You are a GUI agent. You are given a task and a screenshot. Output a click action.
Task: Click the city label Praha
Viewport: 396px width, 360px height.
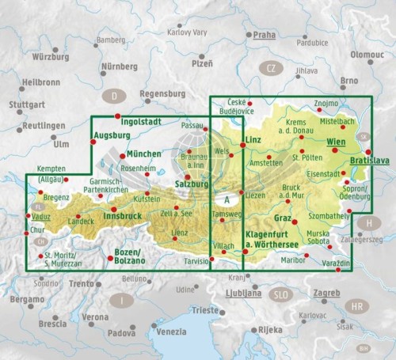265,35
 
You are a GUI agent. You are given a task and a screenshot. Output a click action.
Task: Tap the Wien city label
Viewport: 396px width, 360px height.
336,142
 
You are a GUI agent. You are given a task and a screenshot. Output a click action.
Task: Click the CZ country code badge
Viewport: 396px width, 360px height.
271,68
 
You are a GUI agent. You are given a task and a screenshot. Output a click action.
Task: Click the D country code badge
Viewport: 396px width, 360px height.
115,97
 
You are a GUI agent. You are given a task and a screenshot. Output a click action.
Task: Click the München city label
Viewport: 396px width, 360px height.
143,153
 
